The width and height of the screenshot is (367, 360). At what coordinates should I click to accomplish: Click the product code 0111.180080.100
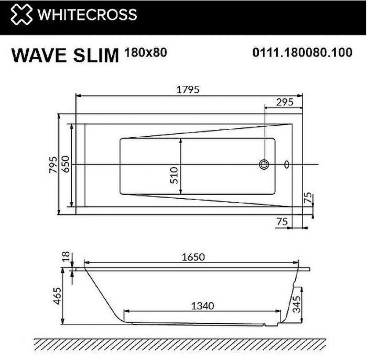303,53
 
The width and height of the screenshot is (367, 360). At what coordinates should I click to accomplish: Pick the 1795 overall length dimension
189,90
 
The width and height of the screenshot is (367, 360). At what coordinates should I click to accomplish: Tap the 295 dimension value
284,103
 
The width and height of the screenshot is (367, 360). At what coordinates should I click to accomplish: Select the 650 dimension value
66,163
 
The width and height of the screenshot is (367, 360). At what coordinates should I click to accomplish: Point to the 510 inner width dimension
175,172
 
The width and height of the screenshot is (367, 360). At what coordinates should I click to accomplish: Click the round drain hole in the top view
263,165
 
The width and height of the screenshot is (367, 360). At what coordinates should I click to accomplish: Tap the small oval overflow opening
286,165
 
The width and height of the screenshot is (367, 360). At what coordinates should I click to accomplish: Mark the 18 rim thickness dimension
66,257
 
